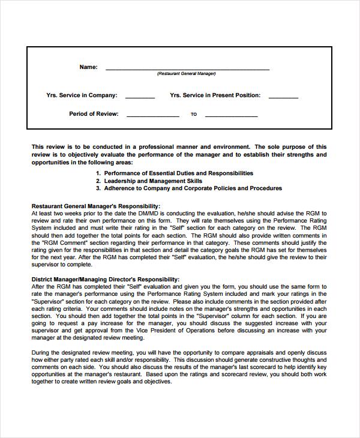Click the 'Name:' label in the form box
coord(88,67)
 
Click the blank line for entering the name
coord(187,69)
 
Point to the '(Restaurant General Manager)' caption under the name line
coord(187,74)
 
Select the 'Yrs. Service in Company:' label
coord(82,95)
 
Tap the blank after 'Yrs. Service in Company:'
coord(140,97)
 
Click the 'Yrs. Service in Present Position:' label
coord(215,95)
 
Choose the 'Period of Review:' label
coord(94,114)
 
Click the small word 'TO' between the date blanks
coord(194,115)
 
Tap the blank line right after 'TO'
coord(231,116)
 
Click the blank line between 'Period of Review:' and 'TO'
coord(153,116)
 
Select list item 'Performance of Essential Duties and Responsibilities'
coord(179,173)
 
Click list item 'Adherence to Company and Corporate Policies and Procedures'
coord(193,188)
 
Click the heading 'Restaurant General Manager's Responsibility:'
coord(96,205)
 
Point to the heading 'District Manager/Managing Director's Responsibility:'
coord(105,279)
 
